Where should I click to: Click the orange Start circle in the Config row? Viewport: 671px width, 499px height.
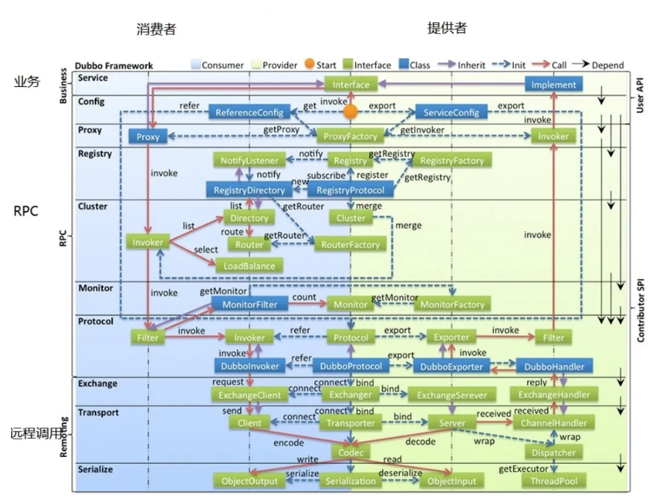351,112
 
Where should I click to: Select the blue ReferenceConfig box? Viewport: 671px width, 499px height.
249,112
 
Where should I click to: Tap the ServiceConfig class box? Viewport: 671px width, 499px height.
451,112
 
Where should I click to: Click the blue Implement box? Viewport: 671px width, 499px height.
553,85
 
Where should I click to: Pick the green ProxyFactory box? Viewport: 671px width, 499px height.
351,136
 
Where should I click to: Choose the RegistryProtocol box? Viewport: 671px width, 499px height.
351,191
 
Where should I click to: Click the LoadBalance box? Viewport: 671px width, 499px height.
249,266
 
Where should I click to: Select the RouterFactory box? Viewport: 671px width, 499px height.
351,244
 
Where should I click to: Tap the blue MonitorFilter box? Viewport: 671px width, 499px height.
249,304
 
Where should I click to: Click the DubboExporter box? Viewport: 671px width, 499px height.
451,366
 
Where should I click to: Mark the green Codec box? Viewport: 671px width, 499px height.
351,452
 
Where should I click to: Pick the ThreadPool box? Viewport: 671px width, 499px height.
553,481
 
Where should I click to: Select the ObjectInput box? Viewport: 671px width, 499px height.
451,481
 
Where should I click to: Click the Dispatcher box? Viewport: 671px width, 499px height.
553,452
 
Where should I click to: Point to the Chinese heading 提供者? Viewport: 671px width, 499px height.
447,29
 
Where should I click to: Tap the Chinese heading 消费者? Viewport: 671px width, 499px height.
156,29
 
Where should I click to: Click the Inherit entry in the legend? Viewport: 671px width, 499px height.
463,65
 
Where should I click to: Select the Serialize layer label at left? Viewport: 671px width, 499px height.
95,468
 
